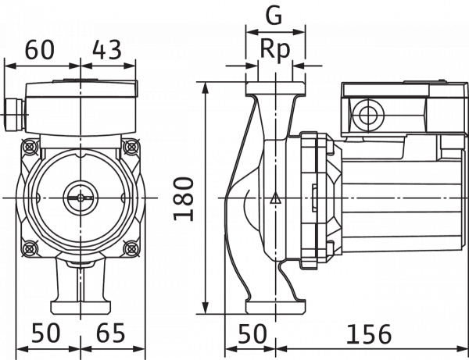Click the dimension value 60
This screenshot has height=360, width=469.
click(40, 50)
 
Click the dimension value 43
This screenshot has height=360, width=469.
click(107, 50)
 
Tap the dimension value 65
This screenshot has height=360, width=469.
click(110, 333)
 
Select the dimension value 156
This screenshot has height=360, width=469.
click(368, 334)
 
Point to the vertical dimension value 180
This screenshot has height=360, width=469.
click(184, 199)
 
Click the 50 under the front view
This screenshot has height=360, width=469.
click(46, 333)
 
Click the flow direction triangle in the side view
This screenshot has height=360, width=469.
click(275, 198)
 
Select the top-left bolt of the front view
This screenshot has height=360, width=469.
click(30, 146)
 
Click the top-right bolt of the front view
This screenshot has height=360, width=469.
click(131, 146)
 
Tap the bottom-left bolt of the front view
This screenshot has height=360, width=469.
click(30, 248)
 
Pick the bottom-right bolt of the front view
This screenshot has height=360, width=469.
click(131, 248)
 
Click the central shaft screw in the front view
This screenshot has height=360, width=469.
click(81, 198)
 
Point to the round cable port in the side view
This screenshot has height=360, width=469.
click(368, 115)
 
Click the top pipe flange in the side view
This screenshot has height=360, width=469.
click(275, 89)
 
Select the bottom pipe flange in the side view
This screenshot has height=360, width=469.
click(275, 307)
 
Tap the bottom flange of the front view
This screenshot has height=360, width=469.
click(81, 308)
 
